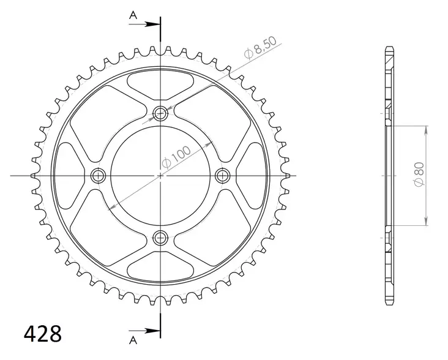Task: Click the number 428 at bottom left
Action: pos(42,335)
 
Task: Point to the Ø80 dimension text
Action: pos(419,176)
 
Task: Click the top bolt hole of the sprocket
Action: pos(160,113)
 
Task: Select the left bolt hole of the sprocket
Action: pos(98,176)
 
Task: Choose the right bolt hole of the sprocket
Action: pos(223,176)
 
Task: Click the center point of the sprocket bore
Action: pos(160,176)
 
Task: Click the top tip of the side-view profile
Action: pos(389,48)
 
